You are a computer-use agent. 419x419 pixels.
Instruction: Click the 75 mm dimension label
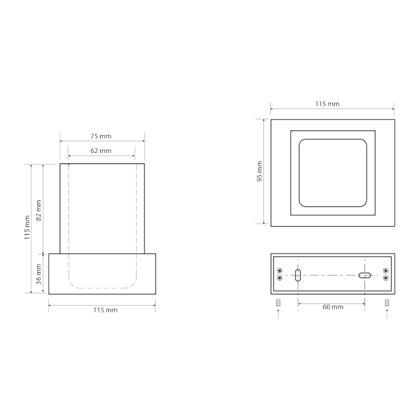pyautogui.click(x=102, y=136)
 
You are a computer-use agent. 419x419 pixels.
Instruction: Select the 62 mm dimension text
pyautogui.click(x=102, y=151)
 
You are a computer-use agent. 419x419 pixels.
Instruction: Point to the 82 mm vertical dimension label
pyautogui.click(x=38, y=210)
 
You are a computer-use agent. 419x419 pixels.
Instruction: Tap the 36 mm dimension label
pyautogui.click(x=38, y=272)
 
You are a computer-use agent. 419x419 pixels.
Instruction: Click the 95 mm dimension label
pyautogui.click(x=260, y=171)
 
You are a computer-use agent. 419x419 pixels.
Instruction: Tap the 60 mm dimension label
pyautogui.click(x=333, y=307)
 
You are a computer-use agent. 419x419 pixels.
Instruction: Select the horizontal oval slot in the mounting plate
pyautogui.click(x=365, y=275)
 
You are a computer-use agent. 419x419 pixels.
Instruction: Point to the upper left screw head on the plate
pyautogui.click(x=279, y=271)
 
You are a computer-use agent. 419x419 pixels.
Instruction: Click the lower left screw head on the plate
pyautogui.click(x=279, y=278)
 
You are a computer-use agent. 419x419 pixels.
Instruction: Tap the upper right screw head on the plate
pyautogui.click(x=385, y=271)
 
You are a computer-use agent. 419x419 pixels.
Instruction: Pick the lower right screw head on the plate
pyautogui.click(x=385, y=278)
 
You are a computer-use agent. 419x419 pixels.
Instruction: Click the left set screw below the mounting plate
pyautogui.click(x=278, y=302)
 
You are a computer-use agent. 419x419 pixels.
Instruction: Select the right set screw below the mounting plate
pyautogui.click(x=387, y=302)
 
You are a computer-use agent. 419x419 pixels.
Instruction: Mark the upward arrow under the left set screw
pyautogui.click(x=278, y=313)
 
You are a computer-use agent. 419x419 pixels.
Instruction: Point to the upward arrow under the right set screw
pyautogui.click(x=387, y=313)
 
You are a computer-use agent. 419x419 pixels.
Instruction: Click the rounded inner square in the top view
pyautogui.click(x=333, y=173)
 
